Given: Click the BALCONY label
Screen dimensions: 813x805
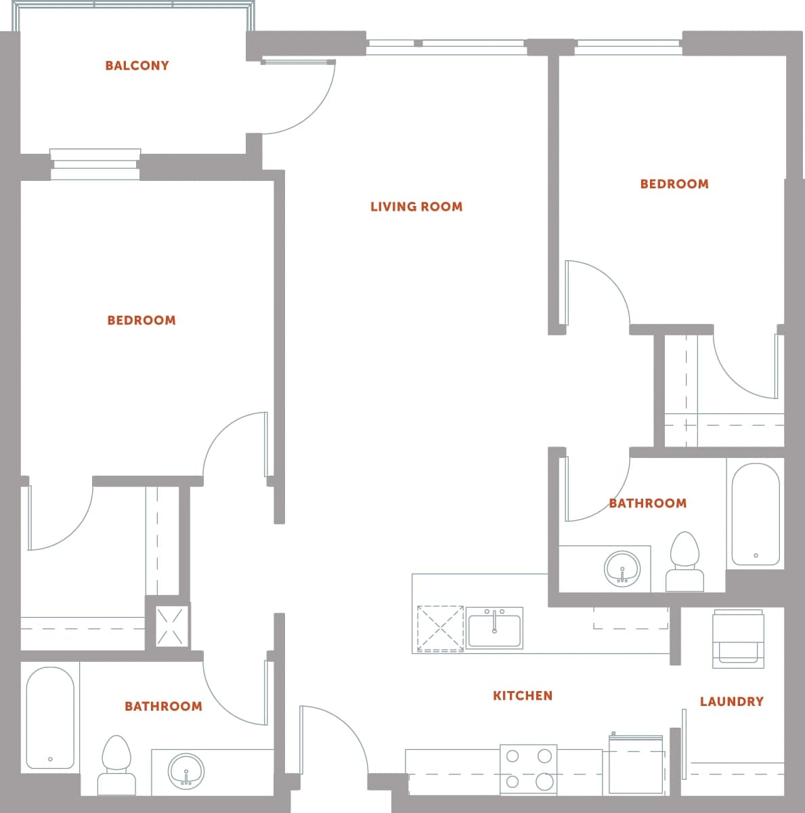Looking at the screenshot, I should (x=137, y=66).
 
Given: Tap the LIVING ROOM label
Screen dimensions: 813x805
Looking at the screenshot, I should (x=416, y=207).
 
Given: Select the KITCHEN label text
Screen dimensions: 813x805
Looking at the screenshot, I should (x=522, y=695).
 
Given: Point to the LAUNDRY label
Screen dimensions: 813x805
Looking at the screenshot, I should (x=731, y=701).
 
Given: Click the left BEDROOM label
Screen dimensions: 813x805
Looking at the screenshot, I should (x=142, y=320).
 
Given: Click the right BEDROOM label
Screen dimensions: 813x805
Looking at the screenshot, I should (x=674, y=184).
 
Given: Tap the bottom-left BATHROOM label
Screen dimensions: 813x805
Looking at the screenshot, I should (x=163, y=706).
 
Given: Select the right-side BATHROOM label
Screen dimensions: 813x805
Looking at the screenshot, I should (x=647, y=503).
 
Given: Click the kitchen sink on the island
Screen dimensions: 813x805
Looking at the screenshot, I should (x=494, y=628).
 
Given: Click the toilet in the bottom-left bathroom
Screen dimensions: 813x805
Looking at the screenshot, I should (x=116, y=764).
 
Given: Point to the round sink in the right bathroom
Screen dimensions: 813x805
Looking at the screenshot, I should (x=622, y=568).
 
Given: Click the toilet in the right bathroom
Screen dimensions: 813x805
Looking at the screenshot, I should (x=684, y=562).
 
